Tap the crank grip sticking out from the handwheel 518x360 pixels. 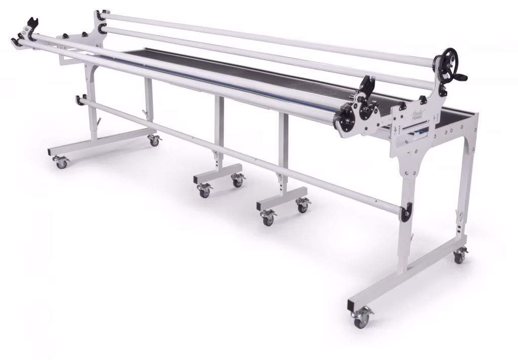pos(461,77)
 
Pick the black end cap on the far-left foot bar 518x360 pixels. pos(50,152)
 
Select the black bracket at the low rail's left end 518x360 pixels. pos(80,99)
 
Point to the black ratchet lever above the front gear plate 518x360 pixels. pos(368,85)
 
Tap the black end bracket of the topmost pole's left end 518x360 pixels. pos(100,14)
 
